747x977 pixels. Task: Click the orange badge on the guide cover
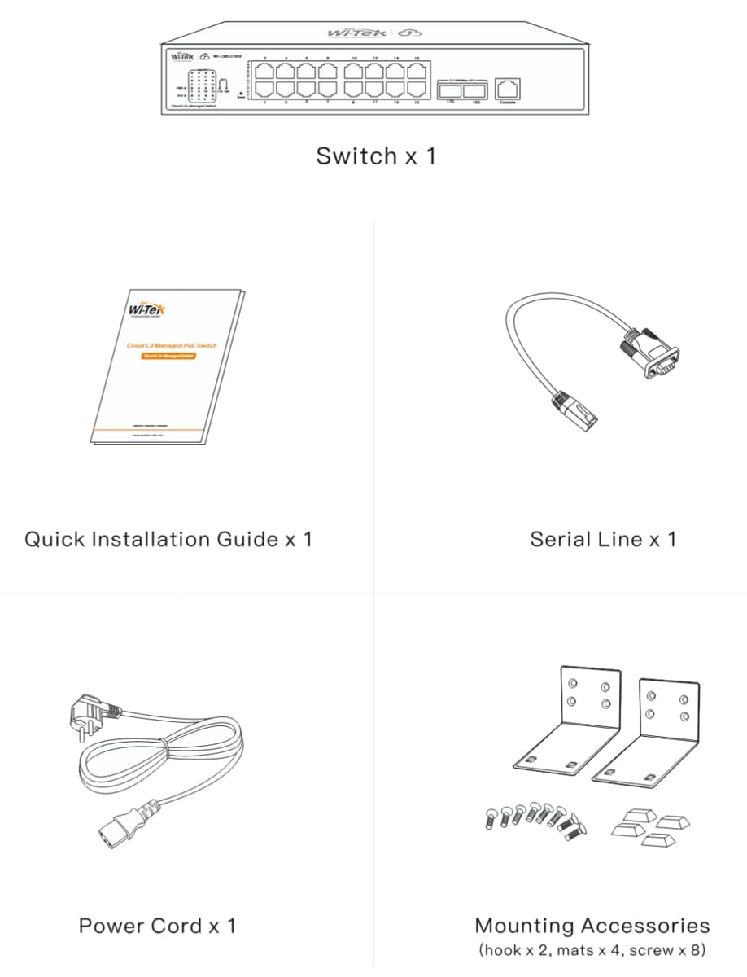tap(168, 356)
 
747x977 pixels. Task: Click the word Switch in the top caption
tap(356, 156)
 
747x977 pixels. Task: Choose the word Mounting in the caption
tap(525, 926)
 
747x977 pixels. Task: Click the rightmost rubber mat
tap(674, 822)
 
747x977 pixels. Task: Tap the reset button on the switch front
tap(242, 94)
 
